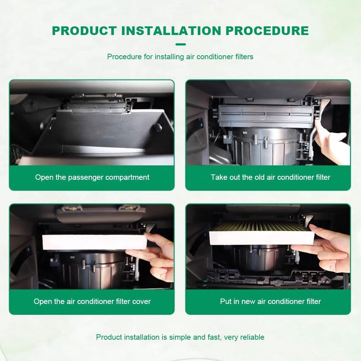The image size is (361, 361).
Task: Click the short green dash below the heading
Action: point(180,44)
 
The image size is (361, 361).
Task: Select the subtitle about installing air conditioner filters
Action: point(180,57)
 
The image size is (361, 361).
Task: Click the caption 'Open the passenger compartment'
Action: point(92,177)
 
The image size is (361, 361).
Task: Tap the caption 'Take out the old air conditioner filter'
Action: point(270,177)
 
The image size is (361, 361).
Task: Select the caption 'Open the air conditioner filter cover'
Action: point(92,301)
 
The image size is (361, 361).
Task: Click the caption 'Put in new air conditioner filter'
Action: point(270,301)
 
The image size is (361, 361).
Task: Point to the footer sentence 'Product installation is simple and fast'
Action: point(159,337)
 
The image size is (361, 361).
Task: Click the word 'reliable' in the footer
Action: point(252,337)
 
